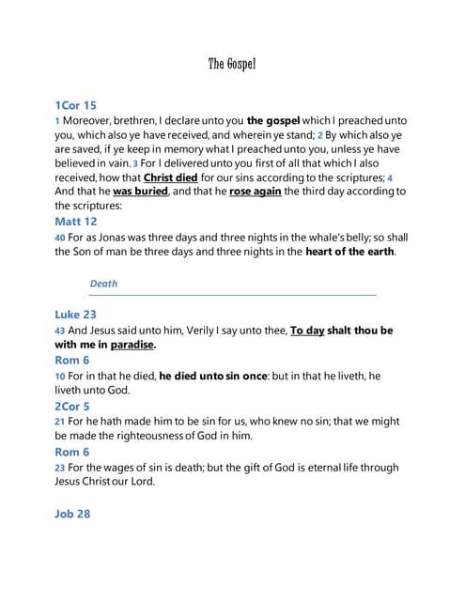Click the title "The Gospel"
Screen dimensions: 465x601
(x=231, y=64)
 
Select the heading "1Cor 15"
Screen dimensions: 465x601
(x=75, y=105)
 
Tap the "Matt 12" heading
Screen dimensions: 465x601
(x=76, y=222)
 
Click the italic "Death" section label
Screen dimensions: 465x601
(x=103, y=283)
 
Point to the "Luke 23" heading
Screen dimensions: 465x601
(x=75, y=315)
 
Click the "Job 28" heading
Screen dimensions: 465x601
(x=72, y=514)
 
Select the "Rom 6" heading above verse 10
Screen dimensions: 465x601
(x=72, y=360)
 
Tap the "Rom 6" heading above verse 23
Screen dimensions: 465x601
(x=72, y=452)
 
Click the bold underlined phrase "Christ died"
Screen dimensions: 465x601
(x=170, y=177)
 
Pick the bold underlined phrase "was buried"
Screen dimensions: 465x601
(x=140, y=191)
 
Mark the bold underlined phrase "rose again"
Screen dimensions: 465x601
(x=255, y=191)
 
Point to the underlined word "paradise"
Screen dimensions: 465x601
(x=132, y=345)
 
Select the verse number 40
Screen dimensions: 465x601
(x=60, y=238)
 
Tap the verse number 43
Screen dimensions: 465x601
(x=60, y=331)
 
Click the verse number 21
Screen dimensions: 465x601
(x=60, y=423)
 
